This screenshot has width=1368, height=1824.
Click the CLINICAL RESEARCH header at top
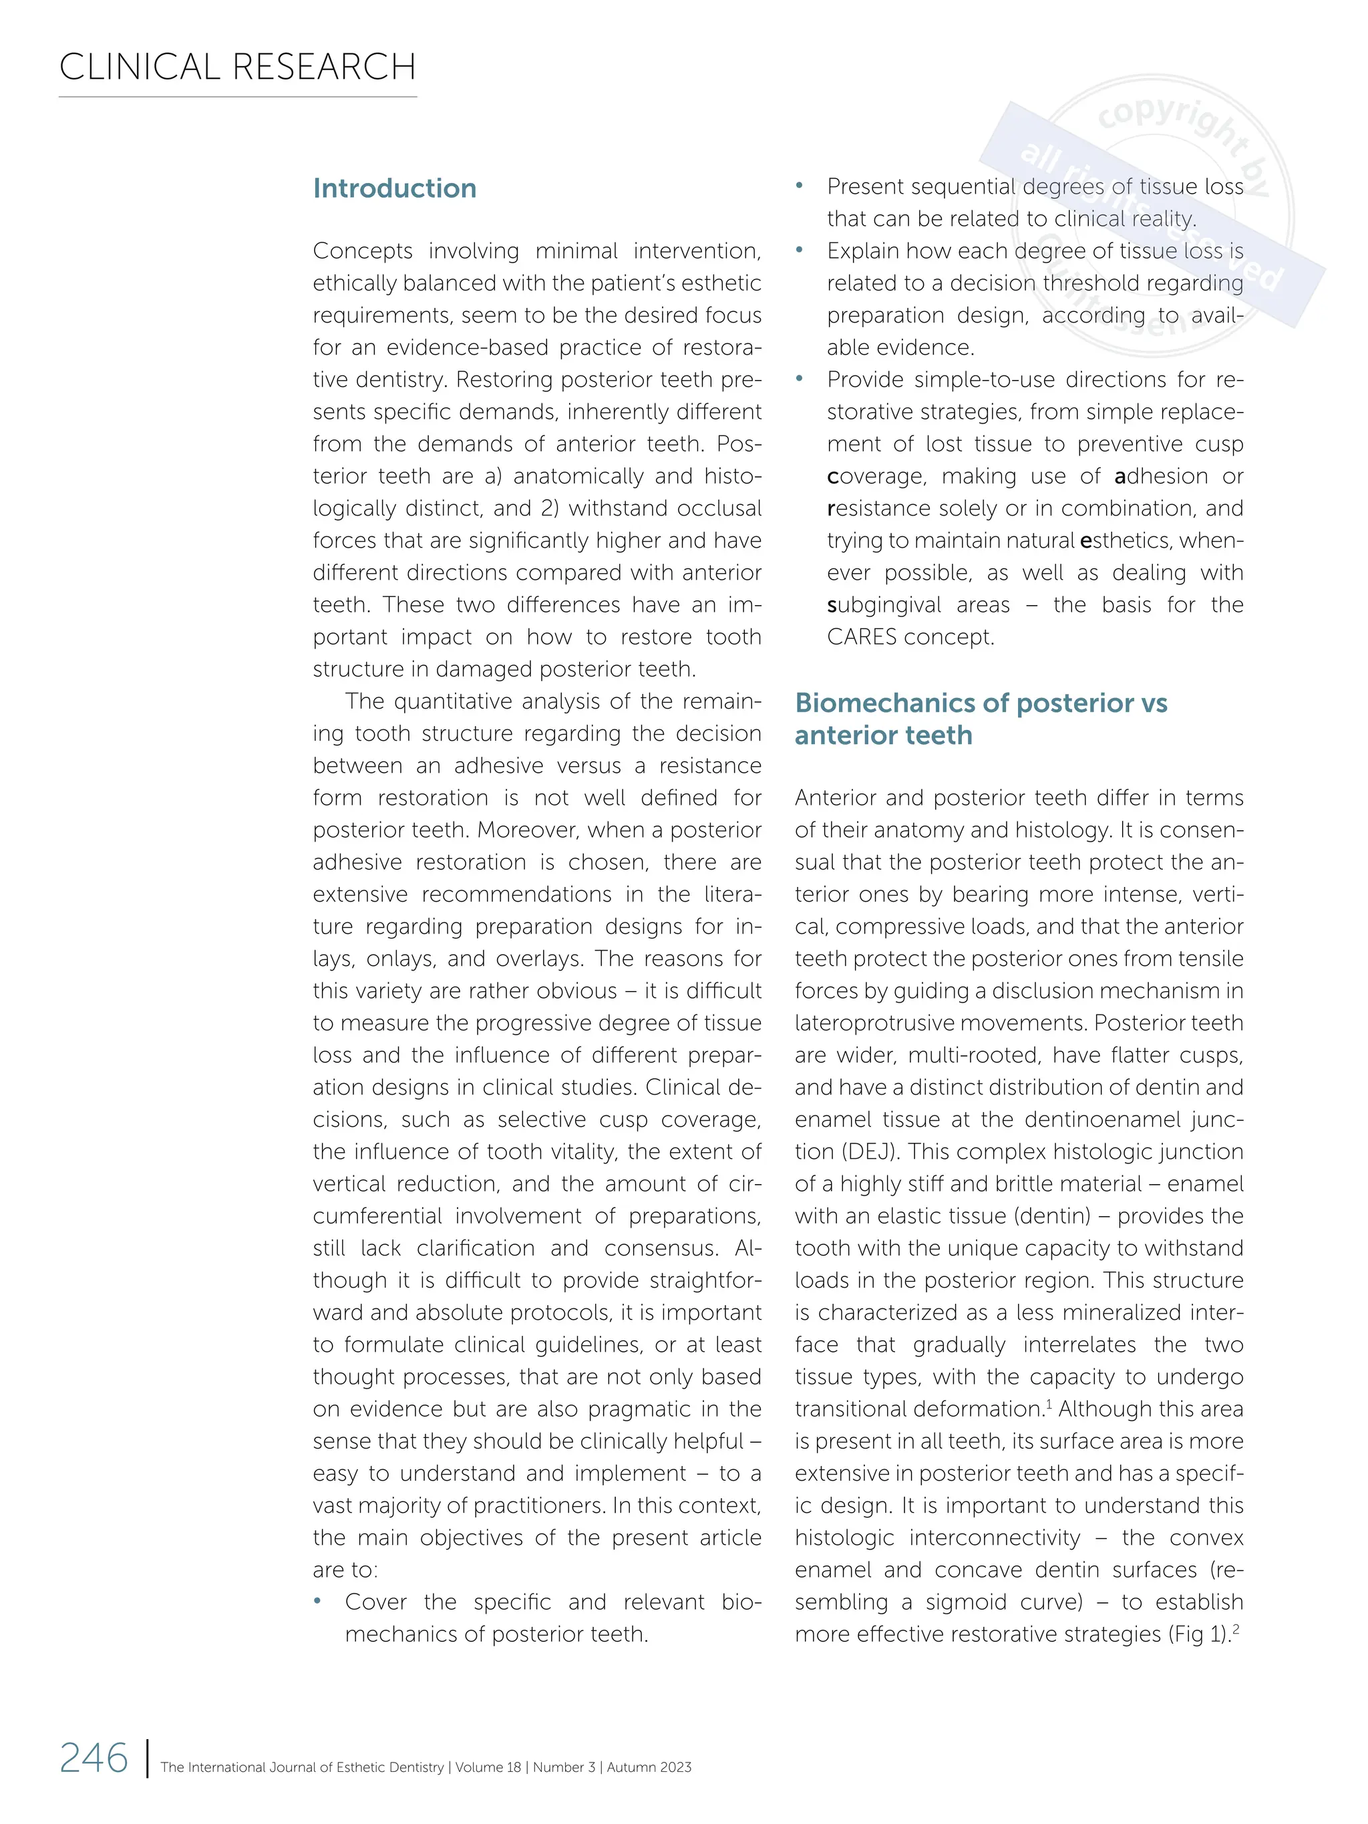pos(238,67)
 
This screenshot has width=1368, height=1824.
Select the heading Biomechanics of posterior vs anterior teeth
pos(981,718)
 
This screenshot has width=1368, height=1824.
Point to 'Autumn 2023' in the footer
pos(649,1767)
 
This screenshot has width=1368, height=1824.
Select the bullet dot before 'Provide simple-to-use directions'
pos(799,379)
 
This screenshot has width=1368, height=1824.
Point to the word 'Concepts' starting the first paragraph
pos(363,250)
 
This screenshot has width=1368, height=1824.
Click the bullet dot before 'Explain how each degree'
pos(799,250)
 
